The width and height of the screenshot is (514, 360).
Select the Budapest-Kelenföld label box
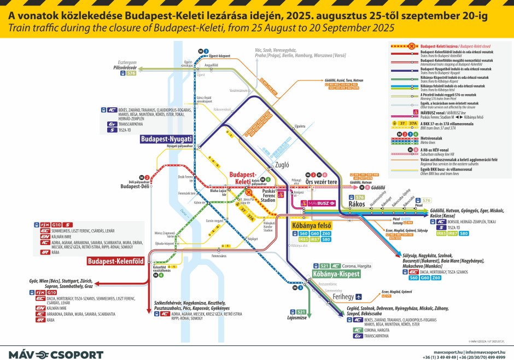coord(115,262)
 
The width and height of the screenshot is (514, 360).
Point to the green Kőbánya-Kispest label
coord(336,274)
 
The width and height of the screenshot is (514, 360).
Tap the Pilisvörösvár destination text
coord(124,68)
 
